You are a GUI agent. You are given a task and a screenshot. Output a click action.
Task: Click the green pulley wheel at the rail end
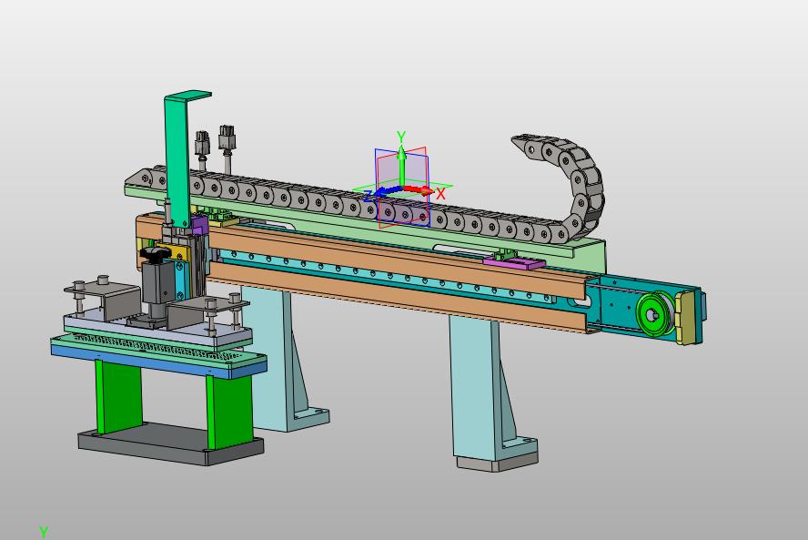coord(654,313)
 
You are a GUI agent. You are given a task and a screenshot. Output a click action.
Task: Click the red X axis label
coord(440,194)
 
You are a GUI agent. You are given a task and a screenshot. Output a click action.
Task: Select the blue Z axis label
coord(368,196)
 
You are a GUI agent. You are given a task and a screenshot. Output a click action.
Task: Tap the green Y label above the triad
coord(401,137)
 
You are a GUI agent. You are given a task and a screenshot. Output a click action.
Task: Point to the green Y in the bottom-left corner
coord(44,532)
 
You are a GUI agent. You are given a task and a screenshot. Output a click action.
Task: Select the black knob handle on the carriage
coord(154,253)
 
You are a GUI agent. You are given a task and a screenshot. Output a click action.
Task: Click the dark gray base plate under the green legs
coord(170,444)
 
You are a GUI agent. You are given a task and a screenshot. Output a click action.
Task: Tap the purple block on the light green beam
coord(514,263)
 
